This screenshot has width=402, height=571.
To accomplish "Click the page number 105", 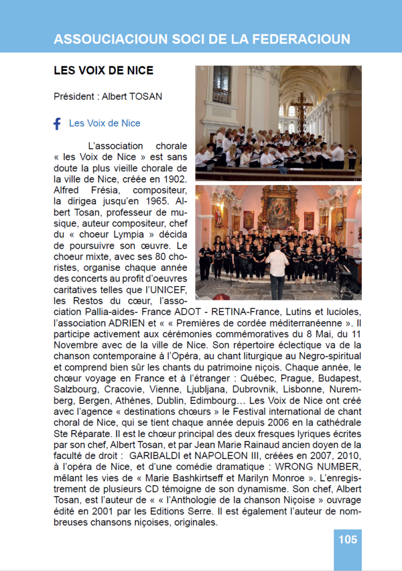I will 347,539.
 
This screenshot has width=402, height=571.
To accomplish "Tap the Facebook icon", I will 57,124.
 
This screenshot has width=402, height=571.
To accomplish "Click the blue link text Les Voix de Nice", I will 105,123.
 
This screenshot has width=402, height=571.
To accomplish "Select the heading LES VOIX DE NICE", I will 104,71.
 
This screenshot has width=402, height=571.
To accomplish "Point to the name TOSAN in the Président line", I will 146,96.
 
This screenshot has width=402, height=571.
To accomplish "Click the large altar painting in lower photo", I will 278,209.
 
